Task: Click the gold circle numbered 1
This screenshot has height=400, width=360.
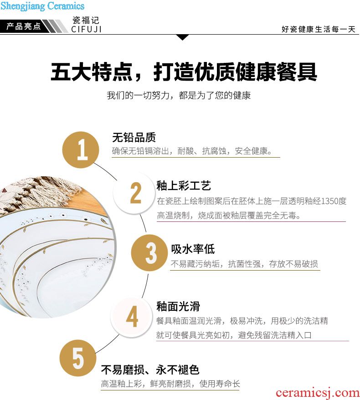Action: (81, 150)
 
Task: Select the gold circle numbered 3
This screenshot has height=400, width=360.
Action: (149, 253)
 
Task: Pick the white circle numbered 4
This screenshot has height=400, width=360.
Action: (131, 317)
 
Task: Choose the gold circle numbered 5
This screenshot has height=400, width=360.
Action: (78, 358)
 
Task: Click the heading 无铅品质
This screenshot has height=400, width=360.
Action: (134, 138)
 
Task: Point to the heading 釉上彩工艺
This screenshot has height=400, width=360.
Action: (184, 186)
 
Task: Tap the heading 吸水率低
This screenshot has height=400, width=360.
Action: (193, 249)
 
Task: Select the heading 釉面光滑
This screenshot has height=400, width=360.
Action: (178, 306)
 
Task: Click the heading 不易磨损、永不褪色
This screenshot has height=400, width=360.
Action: (150, 369)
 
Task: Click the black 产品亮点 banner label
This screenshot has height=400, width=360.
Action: (24, 26)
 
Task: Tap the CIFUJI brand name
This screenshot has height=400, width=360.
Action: (86, 29)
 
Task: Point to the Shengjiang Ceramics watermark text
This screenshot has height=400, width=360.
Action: (42, 5)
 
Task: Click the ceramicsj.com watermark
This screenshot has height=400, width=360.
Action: (318, 393)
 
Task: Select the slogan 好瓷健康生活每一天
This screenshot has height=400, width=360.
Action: (319, 29)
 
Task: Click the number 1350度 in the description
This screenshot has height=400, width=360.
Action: (333, 201)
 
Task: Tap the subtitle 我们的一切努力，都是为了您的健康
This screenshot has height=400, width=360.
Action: (179, 95)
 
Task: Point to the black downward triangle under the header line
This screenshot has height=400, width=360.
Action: (182, 37)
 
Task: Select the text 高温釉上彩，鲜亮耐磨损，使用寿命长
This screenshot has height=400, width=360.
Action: (170, 384)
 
